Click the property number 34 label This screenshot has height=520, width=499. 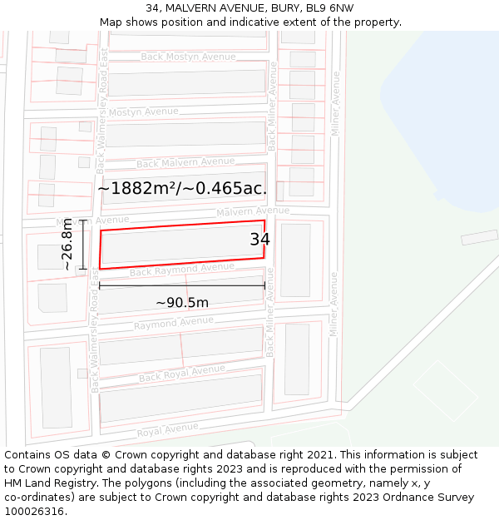pyautogui.click(x=259, y=240)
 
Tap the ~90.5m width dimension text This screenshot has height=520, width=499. pyautogui.click(x=182, y=302)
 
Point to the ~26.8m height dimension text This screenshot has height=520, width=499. pyautogui.click(x=67, y=245)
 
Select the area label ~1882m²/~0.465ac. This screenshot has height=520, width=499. pyautogui.click(x=182, y=189)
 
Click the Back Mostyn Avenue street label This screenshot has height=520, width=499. pyautogui.click(x=188, y=57)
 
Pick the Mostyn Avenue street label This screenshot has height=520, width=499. pyautogui.click(x=143, y=111)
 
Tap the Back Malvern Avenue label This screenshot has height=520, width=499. pyautogui.click(x=185, y=162)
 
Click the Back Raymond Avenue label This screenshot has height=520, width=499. pyautogui.click(x=181, y=270)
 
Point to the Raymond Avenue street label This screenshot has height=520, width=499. pyautogui.click(x=173, y=323)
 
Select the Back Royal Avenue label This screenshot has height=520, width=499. pyautogui.click(x=181, y=374)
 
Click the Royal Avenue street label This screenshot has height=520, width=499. pyautogui.click(x=167, y=430)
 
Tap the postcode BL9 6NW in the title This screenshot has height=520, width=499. pyautogui.click(x=330, y=8)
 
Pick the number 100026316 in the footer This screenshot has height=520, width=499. pyautogui.click(x=36, y=512)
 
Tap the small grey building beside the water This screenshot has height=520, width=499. pyautogui.click(x=479, y=237)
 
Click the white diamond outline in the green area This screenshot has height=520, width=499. pyautogui.click(x=446, y=390)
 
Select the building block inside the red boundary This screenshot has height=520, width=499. pyautogui.click(x=182, y=245)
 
